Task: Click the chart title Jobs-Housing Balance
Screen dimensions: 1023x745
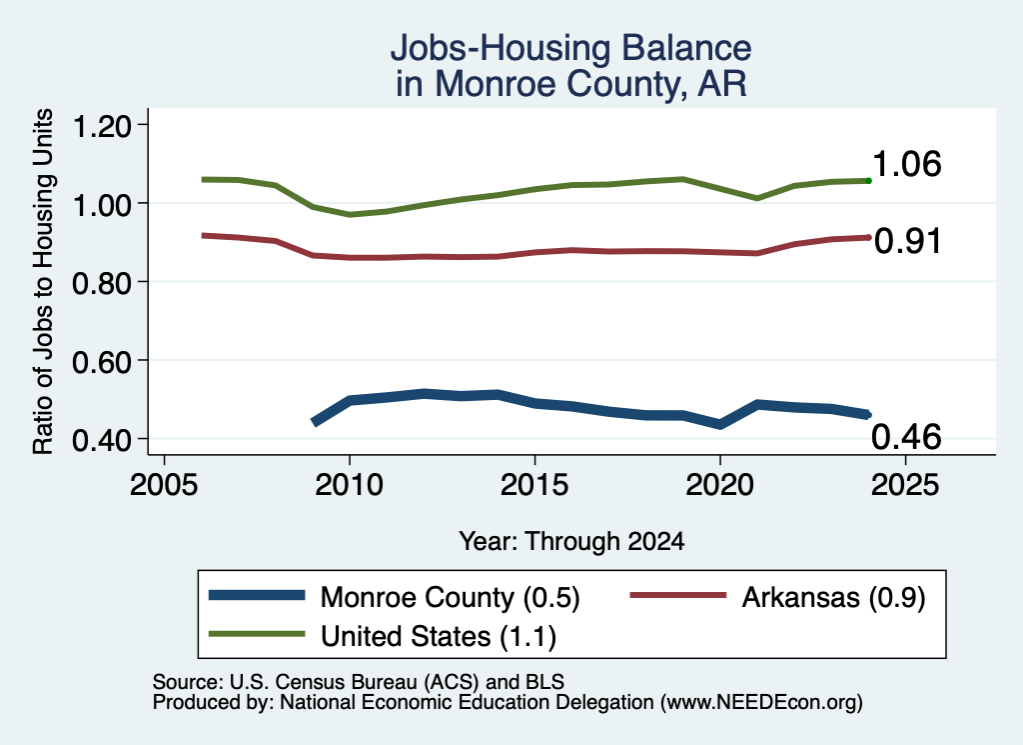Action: coord(570,48)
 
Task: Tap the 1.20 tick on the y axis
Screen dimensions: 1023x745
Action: coord(102,126)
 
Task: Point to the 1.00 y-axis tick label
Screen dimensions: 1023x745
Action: coord(102,204)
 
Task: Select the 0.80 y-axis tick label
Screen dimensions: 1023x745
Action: coord(102,283)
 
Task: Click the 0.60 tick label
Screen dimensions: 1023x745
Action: coord(102,361)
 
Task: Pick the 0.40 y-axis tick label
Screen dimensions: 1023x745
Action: coord(102,440)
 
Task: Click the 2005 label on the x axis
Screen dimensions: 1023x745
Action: coord(164,484)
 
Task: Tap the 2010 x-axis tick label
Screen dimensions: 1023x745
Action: coord(349,484)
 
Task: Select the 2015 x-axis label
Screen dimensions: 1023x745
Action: coord(534,484)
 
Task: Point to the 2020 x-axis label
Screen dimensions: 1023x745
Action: coord(719,484)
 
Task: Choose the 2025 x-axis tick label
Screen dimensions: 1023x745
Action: coord(905,484)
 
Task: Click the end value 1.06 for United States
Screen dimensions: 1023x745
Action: coord(907,163)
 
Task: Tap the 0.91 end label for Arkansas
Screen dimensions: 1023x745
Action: coord(907,241)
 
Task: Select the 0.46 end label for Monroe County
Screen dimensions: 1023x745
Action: coord(907,436)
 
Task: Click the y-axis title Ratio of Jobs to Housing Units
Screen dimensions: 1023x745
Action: coord(43,281)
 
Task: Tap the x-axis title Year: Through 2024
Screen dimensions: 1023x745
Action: coord(571,541)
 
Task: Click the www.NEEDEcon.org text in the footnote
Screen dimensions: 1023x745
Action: coord(759,702)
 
